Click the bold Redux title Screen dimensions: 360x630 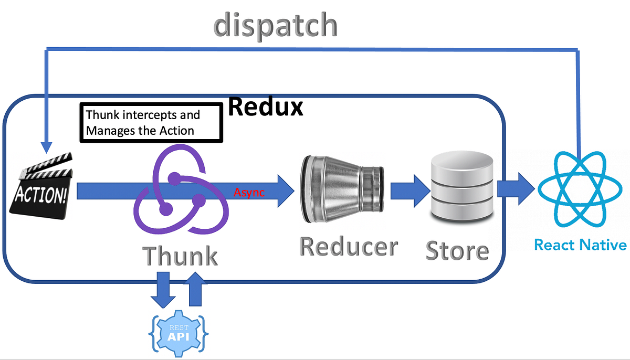pos(266,107)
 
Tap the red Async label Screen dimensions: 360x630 pos(249,193)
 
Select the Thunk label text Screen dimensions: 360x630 pos(180,256)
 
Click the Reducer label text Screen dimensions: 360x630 pos(348,246)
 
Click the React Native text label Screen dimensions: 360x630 pos(580,245)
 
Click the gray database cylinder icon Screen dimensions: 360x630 pos(461,188)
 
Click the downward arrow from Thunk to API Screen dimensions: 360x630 pos(163,290)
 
